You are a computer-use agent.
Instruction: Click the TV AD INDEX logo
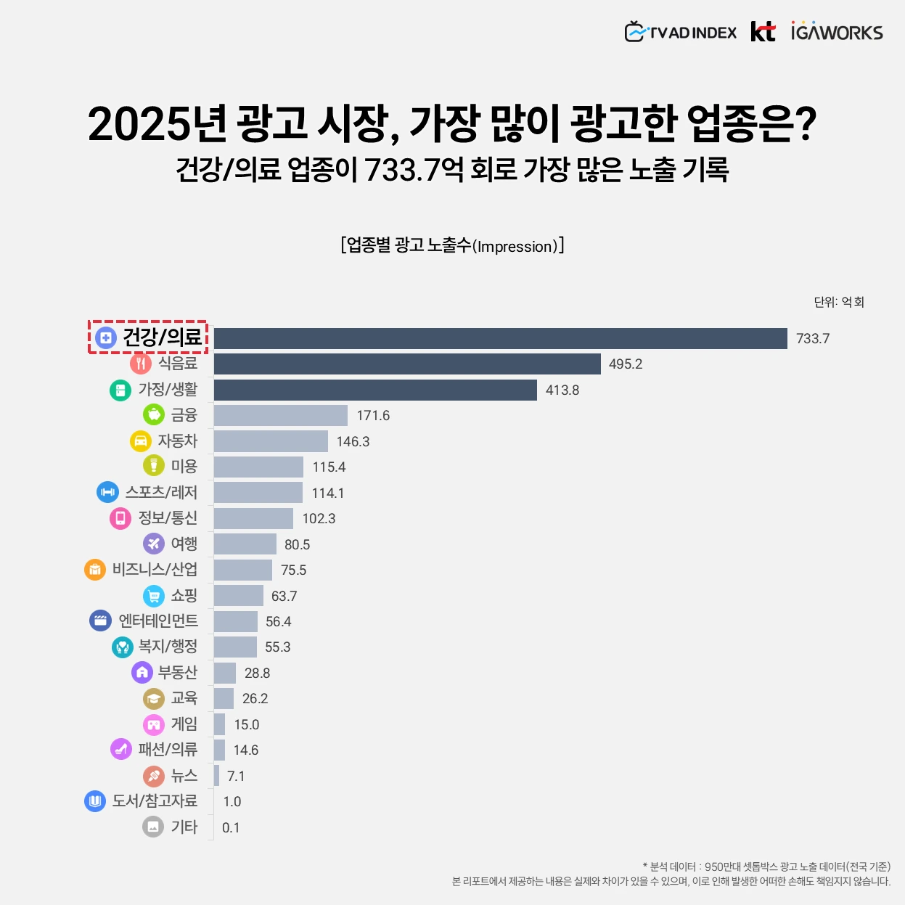[x=680, y=33]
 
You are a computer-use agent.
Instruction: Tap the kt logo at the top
[x=763, y=32]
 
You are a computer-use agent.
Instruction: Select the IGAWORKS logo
[x=837, y=32]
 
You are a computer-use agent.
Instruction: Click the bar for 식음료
[x=407, y=364]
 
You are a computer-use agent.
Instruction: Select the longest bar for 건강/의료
[x=500, y=338]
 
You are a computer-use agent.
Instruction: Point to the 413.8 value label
[x=562, y=390]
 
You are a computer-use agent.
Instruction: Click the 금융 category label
[x=184, y=415]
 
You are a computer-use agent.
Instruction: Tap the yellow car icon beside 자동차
[x=140, y=441]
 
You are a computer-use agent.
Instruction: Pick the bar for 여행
[x=245, y=544]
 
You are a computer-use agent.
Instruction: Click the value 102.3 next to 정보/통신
[x=319, y=519]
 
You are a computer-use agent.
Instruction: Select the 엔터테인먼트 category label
[x=157, y=621]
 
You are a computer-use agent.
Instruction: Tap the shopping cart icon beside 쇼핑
[x=154, y=596]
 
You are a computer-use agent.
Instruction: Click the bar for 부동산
[x=225, y=673]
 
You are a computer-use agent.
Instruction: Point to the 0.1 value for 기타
[x=231, y=828]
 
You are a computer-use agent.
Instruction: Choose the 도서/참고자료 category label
[x=155, y=801]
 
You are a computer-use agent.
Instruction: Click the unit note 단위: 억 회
[x=839, y=302]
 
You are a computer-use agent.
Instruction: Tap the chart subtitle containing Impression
[x=452, y=246]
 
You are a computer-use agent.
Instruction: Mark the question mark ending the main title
[x=804, y=123]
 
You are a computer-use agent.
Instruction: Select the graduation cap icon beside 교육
[x=154, y=699]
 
